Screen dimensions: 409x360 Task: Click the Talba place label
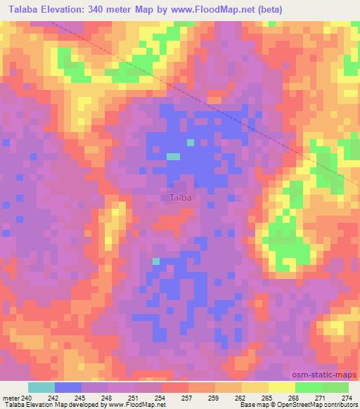[181, 197]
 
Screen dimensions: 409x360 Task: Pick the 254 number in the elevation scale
[162, 398]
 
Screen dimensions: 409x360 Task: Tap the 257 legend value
[188, 398]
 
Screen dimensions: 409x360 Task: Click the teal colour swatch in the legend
[41, 387]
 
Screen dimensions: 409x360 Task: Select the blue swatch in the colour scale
[68, 387]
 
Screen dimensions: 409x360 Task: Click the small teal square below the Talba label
[155, 261]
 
